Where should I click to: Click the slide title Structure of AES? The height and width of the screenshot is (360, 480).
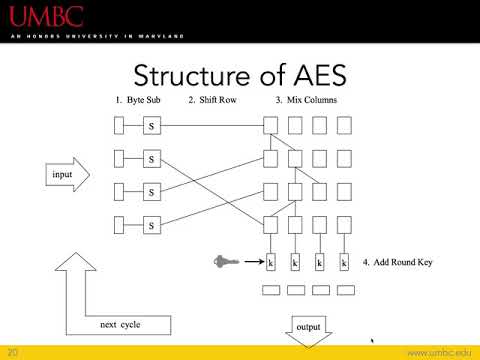coord(240,74)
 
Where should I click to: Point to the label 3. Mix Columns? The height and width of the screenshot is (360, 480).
coord(306,101)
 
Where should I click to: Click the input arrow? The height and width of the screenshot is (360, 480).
coord(66,176)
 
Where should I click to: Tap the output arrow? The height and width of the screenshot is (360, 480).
coord(306,331)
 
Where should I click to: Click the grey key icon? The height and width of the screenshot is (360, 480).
coord(225,262)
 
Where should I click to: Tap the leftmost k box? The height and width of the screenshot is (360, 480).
coord(270,262)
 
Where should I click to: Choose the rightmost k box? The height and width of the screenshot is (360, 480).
coord(344,262)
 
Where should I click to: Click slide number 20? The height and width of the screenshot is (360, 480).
coord(13,352)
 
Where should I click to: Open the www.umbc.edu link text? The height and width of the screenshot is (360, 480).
coord(436,352)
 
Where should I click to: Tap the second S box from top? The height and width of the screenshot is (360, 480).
coord(152,158)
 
